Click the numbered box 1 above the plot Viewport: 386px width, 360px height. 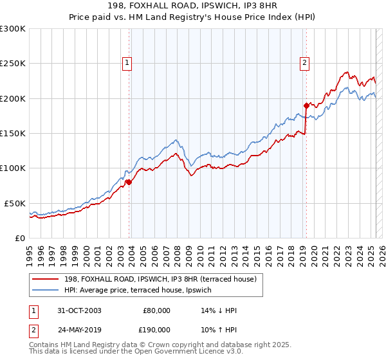pos(127,63)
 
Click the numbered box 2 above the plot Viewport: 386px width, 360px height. pos(304,63)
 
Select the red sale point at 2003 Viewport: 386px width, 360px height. pos(129,182)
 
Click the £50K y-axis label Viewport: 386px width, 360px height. pos(15,203)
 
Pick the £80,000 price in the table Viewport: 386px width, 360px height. pos(156,310)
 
